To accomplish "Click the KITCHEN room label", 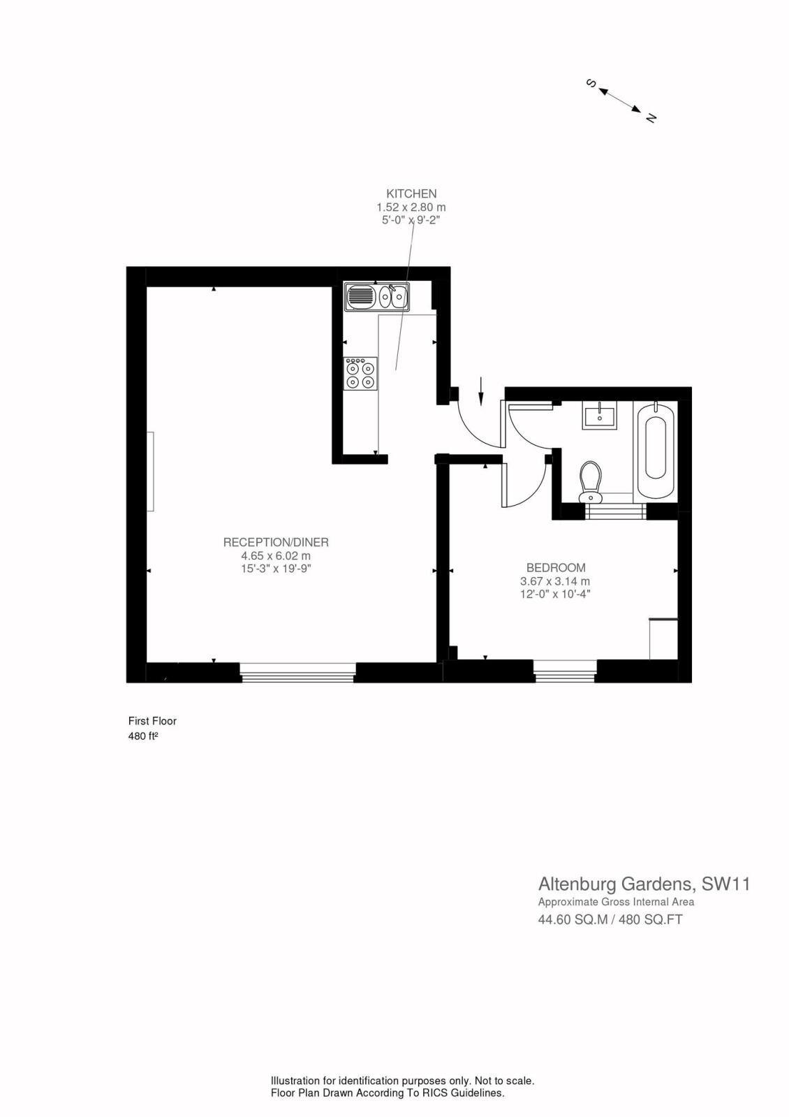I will coord(411,194).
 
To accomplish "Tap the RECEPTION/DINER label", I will coord(276,542).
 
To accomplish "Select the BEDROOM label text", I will coord(555,568).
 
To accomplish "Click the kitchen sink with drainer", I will coord(376,297).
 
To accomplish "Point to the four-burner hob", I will coord(360,374).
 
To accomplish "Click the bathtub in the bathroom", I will coord(655,448).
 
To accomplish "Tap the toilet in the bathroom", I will coord(591,481).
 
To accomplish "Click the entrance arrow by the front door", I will coord(481,390).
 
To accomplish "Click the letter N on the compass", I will coord(651,117).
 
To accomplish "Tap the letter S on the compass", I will coord(591,84).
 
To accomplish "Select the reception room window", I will coord(298,672).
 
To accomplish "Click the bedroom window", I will coord(565,672).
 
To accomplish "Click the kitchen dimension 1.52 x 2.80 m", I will coord(411,207).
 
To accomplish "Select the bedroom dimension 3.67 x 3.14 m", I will coord(555,581).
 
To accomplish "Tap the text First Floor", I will coord(152,721).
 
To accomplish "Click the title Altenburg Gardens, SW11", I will coord(644,884).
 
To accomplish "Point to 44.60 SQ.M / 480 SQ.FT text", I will coord(610,919).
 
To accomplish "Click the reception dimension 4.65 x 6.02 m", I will coord(276,555).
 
